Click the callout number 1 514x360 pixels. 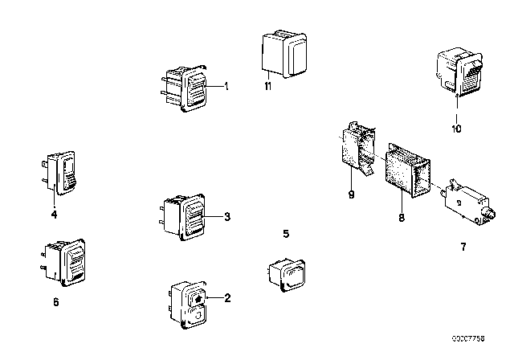[226, 87]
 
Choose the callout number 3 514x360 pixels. [228, 216]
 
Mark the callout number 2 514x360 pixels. [227, 298]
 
